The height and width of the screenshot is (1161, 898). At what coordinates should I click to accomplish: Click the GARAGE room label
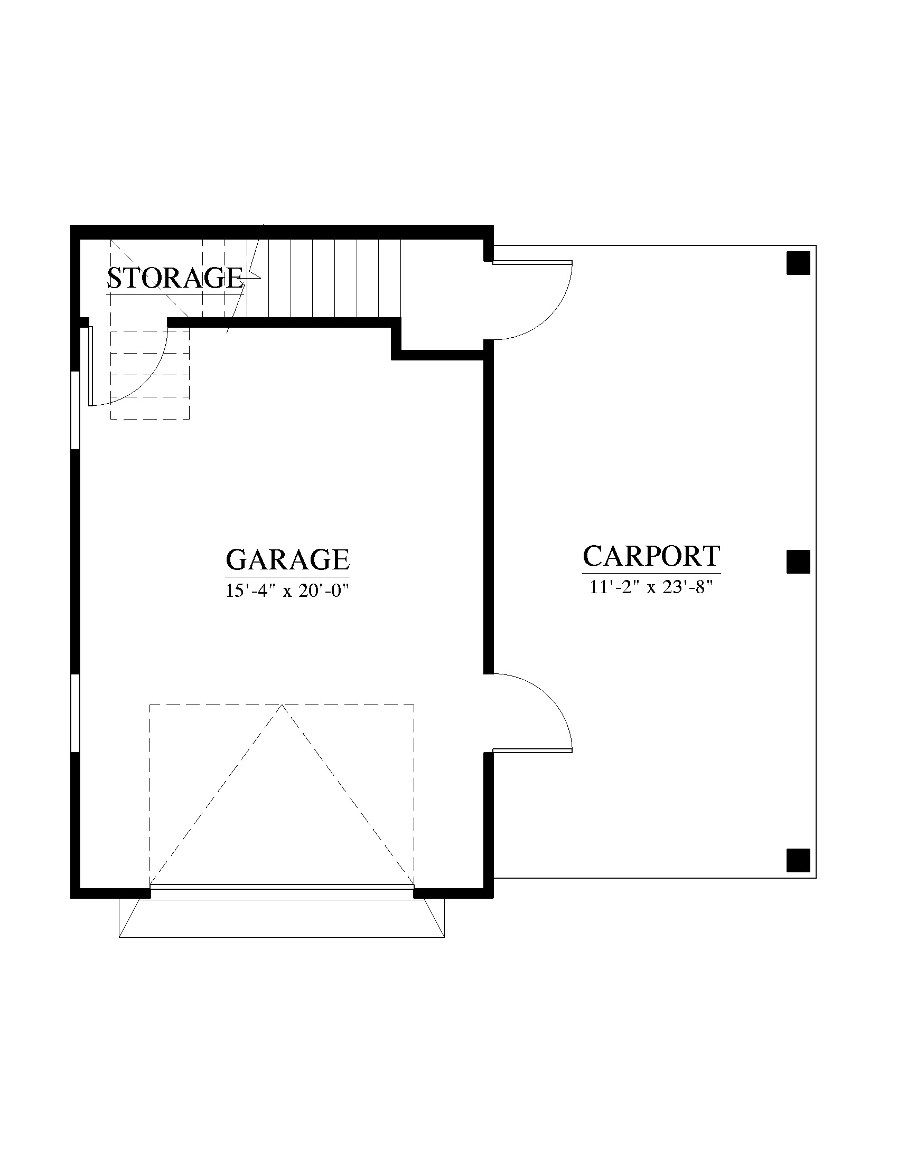pos(287,559)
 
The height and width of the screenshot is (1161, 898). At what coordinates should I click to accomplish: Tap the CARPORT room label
pos(651,556)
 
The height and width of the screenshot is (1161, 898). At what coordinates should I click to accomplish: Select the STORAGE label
pos(175,278)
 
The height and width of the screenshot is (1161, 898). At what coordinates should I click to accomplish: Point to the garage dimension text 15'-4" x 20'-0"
pos(287,590)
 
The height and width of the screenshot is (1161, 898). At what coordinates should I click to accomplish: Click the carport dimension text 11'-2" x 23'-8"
pos(651,587)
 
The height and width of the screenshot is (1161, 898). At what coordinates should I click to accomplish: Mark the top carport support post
pos(798,263)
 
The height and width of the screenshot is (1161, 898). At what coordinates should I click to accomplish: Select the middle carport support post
pos(798,562)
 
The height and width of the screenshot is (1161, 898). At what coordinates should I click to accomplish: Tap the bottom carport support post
pos(798,861)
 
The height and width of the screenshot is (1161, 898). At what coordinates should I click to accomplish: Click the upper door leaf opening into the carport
pos(532,263)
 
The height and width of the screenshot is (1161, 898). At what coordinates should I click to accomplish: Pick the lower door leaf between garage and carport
pos(532,750)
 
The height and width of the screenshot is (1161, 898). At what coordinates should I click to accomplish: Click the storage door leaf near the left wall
pos(91,366)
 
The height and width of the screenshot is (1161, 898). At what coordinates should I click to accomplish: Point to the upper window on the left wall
pos(75,411)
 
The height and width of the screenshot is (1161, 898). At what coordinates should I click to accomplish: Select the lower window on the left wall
pos(75,713)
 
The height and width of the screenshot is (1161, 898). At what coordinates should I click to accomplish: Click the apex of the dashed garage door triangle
pos(282,705)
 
